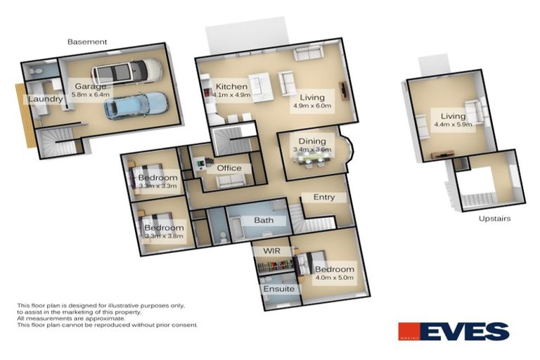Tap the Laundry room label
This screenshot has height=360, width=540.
46,100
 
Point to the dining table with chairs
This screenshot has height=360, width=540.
312,160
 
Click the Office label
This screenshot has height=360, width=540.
229,168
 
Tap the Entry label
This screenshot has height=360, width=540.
323,198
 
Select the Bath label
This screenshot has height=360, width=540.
264,221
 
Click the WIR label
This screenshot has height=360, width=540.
271,251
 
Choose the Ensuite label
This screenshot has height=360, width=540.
278,289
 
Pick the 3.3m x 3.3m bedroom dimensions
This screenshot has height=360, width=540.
157,187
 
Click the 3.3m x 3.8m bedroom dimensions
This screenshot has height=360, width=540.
163,237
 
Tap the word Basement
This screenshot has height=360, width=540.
87,42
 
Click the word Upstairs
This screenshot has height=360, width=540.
494,219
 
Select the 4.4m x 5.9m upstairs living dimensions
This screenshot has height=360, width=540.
453,126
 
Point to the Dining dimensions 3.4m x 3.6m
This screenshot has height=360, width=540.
312,150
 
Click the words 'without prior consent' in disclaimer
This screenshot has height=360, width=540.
169,325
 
